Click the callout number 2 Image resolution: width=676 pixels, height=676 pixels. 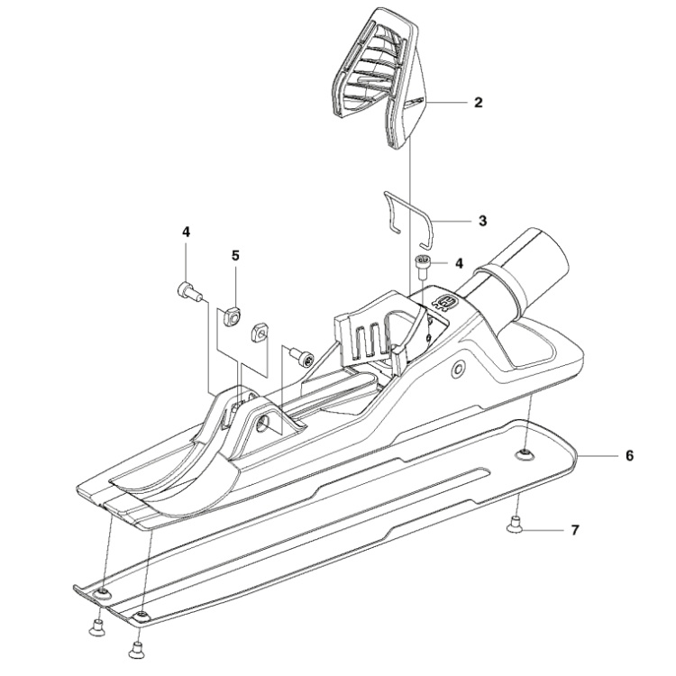[x=477, y=103]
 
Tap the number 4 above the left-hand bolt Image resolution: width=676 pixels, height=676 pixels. [x=186, y=232]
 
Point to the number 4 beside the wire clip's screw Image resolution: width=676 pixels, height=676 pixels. [x=458, y=263]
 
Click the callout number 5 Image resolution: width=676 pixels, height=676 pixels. [x=235, y=255]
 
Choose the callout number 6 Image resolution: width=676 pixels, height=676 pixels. [x=629, y=456]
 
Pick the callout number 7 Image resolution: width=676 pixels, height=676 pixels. [x=574, y=532]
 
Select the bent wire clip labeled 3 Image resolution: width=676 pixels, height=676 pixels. [x=410, y=216]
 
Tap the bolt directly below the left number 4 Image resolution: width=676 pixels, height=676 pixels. [x=187, y=289]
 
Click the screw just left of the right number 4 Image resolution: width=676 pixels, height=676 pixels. [x=423, y=263]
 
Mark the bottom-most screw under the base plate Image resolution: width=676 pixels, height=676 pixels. [x=136, y=647]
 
